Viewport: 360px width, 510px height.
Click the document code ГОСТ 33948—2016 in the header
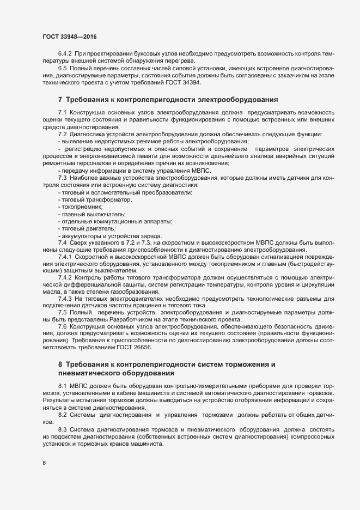(70, 37)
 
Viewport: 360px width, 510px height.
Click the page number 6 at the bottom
(44, 464)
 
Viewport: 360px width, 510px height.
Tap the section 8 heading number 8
(60, 363)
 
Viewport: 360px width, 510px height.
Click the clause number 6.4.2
(65, 55)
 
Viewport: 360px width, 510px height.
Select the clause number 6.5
(63, 69)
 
